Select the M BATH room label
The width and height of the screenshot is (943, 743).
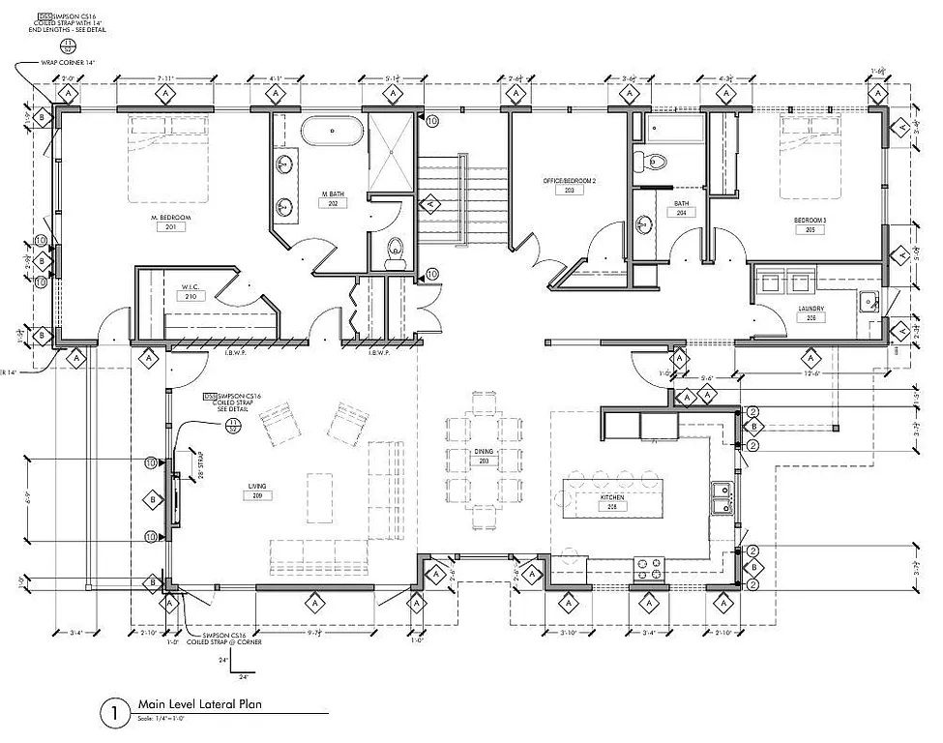[334, 193]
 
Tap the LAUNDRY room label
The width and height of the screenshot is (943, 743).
[810, 308]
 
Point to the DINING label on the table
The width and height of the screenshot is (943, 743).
[485, 452]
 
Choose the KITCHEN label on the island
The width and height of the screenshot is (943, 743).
[611, 496]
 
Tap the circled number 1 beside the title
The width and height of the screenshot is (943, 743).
[113, 714]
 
